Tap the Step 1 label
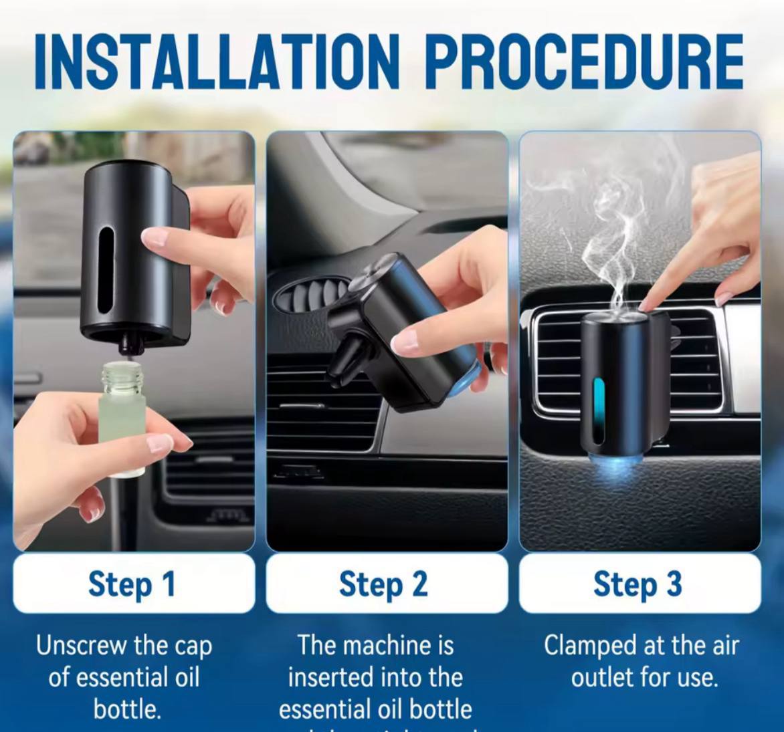click(132, 584)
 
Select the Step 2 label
click(383, 584)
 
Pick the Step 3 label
click(638, 584)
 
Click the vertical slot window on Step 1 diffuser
click(106, 271)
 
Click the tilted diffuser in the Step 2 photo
click(401, 334)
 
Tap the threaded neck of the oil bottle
click(122, 377)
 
